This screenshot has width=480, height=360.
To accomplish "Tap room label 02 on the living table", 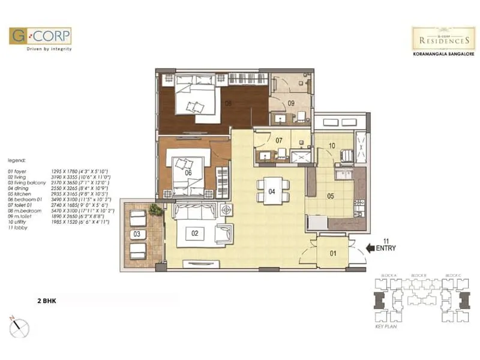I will pos(194,232).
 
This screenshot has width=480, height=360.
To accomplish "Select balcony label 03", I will pos(137,233).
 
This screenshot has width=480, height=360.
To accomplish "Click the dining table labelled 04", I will pos(271,192).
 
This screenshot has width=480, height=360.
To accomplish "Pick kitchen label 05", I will pos(330,196).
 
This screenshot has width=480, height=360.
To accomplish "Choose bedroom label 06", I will pos(188,173).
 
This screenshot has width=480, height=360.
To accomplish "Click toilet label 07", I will pos(279,140).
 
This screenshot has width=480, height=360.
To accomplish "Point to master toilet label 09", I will pos(290,103).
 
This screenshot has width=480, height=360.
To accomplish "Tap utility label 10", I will pos(331,145).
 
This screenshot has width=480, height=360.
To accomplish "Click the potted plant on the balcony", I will pos(156,210).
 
